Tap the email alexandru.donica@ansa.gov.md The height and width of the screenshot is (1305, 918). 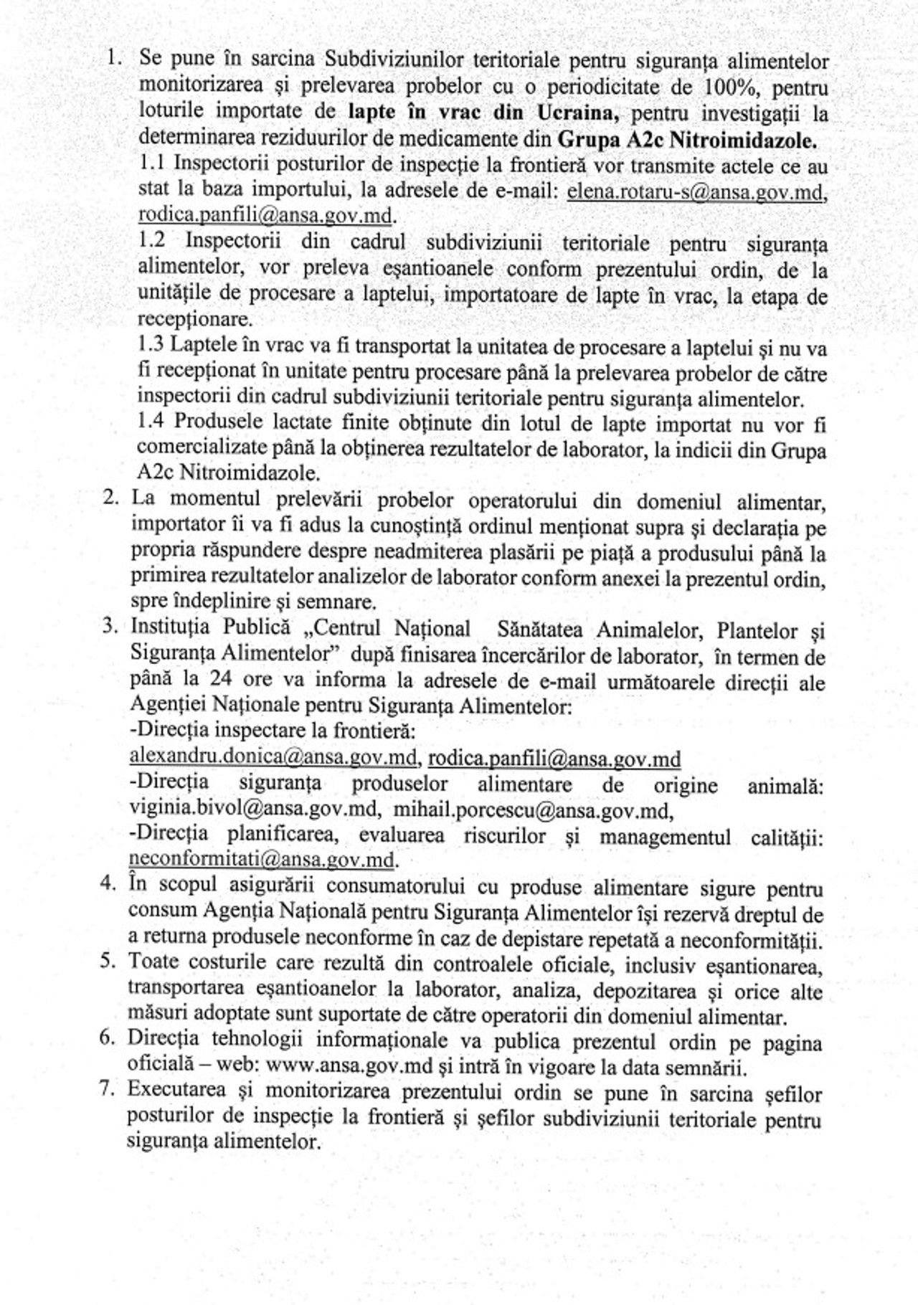click(x=273, y=756)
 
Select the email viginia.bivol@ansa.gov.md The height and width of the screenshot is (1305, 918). click(x=254, y=809)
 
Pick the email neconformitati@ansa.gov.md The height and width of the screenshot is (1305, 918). click(x=262, y=859)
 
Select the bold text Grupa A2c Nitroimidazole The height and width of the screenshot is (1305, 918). click(x=686, y=139)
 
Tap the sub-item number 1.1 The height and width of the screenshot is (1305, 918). click(x=152, y=163)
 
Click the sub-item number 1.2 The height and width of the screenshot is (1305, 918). click(x=152, y=241)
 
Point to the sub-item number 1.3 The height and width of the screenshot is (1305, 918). click(x=151, y=345)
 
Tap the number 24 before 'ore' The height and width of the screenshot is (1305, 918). click(x=221, y=679)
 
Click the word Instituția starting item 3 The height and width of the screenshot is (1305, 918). click(x=170, y=627)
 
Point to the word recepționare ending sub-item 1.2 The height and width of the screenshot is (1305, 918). click(x=194, y=319)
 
